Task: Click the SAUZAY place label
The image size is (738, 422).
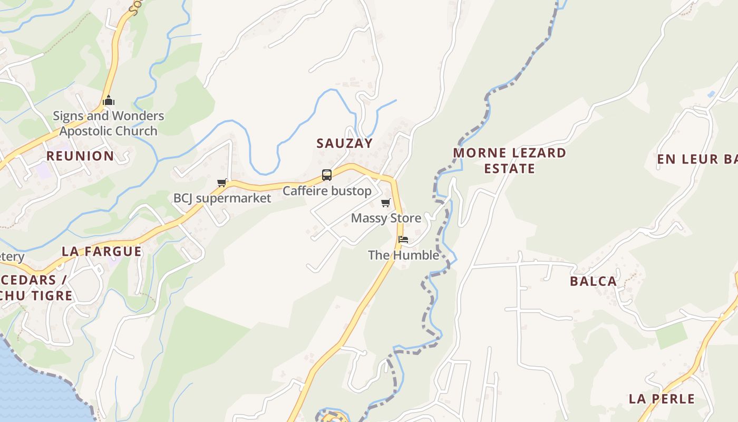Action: (x=344, y=143)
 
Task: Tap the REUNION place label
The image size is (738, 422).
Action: (x=80, y=156)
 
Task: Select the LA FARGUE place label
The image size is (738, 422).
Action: (x=102, y=251)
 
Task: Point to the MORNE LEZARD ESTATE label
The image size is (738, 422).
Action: (x=510, y=160)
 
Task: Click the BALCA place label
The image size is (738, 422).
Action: (x=593, y=281)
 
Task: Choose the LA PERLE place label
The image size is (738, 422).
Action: (x=662, y=399)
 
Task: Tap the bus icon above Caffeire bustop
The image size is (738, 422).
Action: (x=327, y=175)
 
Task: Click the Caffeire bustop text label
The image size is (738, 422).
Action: (x=327, y=191)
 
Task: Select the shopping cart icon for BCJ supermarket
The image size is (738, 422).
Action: (x=222, y=183)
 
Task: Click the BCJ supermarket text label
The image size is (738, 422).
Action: (x=222, y=198)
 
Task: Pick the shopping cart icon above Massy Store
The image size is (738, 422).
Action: (x=386, y=203)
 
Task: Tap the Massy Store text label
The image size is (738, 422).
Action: (x=386, y=218)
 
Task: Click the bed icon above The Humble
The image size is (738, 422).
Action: (x=403, y=239)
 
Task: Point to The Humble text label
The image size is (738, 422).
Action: (x=403, y=255)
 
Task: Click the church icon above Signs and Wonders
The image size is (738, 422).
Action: (x=109, y=100)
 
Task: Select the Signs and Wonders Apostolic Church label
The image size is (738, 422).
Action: (x=109, y=123)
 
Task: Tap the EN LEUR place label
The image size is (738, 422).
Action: (x=696, y=159)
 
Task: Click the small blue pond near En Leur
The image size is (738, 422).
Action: (x=712, y=94)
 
